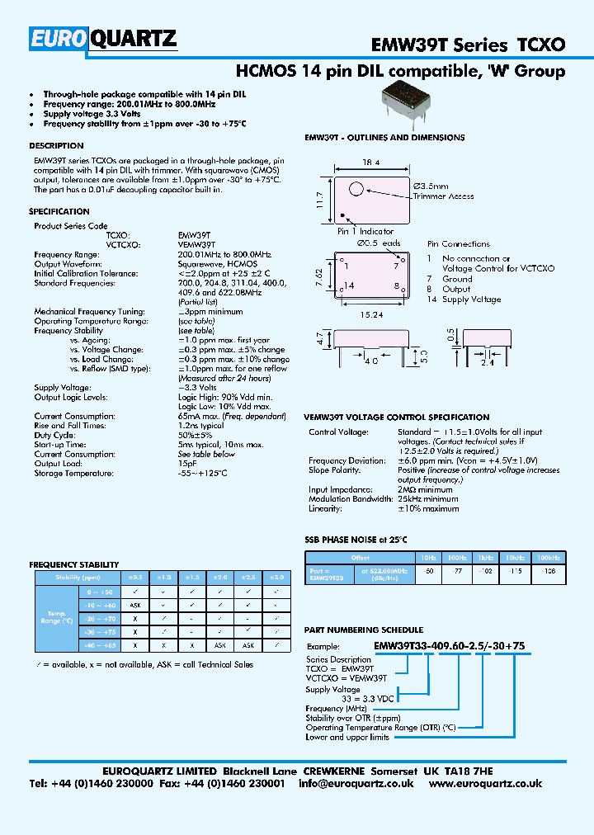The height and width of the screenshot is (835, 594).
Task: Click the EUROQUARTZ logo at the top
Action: point(103,38)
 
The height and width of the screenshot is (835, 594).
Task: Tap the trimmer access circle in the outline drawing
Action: point(356,189)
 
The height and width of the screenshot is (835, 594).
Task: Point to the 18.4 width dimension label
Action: point(370,165)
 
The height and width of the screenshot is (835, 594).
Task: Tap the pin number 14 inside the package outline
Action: point(349,285)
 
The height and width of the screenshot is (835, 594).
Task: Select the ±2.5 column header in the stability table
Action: point(247,578)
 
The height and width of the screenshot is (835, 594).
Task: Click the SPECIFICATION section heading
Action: point(59,212)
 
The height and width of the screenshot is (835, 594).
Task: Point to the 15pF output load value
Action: point(187,464)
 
